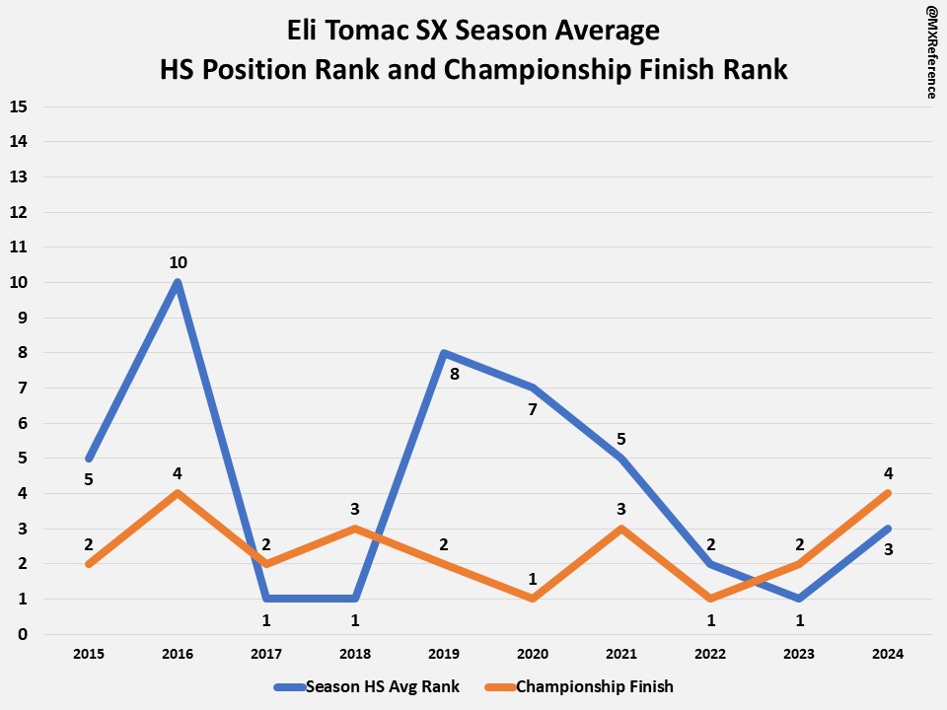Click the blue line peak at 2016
178,282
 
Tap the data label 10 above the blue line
178,262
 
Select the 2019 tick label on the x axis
444,653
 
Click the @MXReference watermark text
930,50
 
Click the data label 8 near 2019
454,374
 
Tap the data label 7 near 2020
533,408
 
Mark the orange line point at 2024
889,493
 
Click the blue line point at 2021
621,459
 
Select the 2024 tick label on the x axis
889,653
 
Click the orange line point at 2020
533,599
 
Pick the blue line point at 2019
444,353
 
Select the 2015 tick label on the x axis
89,653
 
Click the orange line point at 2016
178,493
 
